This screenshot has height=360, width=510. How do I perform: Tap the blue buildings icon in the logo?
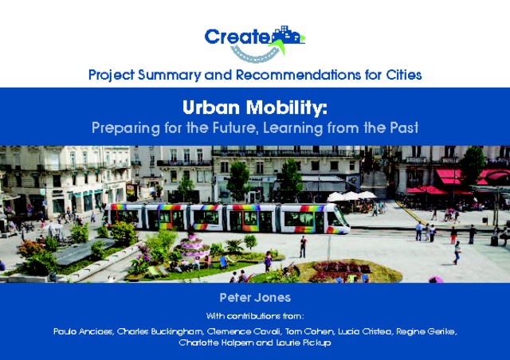point(287,35)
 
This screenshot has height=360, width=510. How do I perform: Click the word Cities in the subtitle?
point(404,75)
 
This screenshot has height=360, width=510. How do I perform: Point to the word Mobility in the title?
point(287,108)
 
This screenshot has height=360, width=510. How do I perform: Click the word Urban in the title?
point(211,108)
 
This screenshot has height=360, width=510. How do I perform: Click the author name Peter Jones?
point(255,298)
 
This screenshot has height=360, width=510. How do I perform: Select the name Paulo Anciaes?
point(84,331)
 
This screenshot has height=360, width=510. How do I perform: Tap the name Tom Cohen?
point(310,331)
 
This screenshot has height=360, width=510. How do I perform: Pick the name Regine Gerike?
point(426,331)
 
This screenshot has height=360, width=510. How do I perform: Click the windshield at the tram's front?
point(340,217)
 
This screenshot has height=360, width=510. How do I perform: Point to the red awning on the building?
point(449,177)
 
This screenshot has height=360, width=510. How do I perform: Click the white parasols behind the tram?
point(352,196)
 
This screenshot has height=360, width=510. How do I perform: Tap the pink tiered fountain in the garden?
point(192,245)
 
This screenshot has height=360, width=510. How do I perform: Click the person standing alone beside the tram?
point(303,246)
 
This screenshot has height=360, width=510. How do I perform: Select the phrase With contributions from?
point(255,316)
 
